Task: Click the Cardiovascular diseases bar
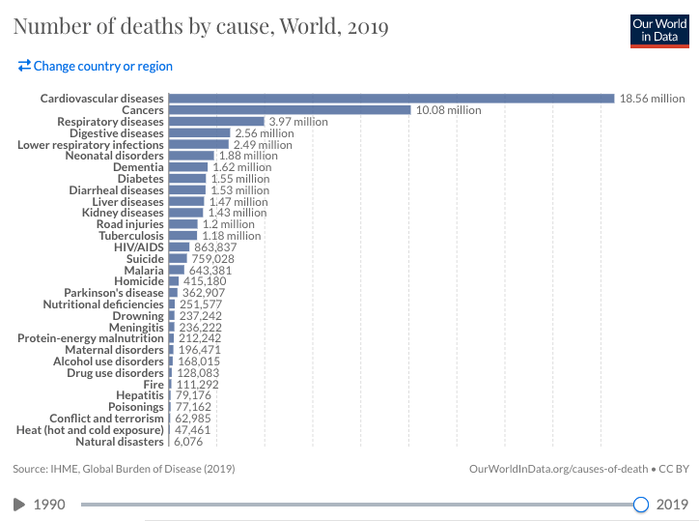click(x=391, y=99)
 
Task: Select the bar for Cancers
click(x=290, y=110)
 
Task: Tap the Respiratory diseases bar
click(x=216, y=122)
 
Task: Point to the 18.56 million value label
click(x=652, y=99)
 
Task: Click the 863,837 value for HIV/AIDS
click(x=215, y=247)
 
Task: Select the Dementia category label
click(x=138, y=167)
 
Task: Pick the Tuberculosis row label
click(x=128, y=236)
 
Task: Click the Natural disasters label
click(x=120, y=442)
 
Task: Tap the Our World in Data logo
click(x=657, y=30)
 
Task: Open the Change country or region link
click(x=96, y=67)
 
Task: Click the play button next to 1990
click(x=19, y=504)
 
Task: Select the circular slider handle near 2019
click(x=640, y=504)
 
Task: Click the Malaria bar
click(x=176, y=270)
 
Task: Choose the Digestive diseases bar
click(x=199, y=133)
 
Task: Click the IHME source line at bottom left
click(x=124, y=469)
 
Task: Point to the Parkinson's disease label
click(x=114, y=293)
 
